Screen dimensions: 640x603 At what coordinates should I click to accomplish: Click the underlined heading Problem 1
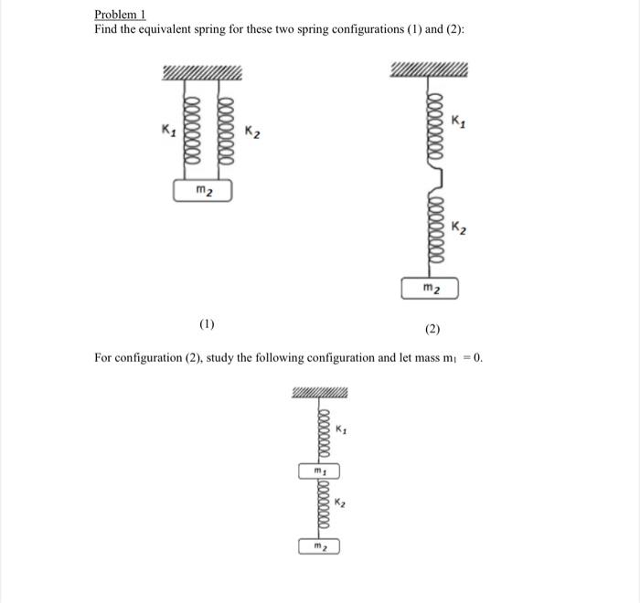[120, 15]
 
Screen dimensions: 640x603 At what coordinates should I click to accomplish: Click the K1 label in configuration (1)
[168, 130]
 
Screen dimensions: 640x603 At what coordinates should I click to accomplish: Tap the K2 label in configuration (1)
[252, 133]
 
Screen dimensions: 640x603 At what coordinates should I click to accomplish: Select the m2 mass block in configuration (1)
[203, 190]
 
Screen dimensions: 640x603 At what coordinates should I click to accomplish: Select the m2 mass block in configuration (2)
[430, 290]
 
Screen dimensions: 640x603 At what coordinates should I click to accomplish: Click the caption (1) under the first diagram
[208, 323]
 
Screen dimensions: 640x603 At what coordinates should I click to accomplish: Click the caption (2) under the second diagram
[432, 328]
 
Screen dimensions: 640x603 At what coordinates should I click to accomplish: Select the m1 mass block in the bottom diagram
[319, 471]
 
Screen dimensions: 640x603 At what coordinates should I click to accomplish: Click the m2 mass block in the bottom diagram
[319, 546]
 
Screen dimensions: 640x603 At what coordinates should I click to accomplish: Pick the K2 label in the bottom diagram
[339, 503]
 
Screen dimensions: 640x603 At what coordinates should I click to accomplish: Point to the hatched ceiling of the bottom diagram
[320, 394]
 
